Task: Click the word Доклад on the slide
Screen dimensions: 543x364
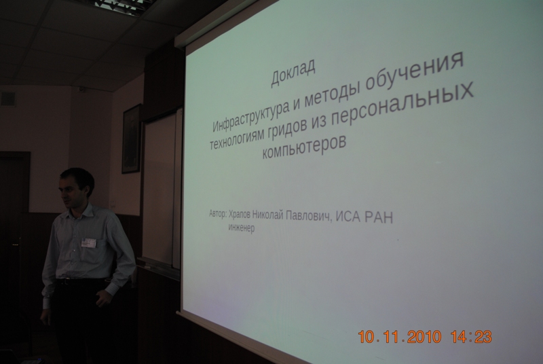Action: [x=293, y=73]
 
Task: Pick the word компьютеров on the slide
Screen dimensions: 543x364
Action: [x=304, y=147]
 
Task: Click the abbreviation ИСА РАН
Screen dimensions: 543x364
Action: [x=365, y=217]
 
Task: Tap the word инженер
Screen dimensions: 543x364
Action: [x=242, y=228]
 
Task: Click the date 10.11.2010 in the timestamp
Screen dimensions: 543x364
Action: [x=400, y=337]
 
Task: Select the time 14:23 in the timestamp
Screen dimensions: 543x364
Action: [x=471, y=336]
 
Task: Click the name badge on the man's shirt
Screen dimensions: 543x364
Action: [x=89, y=242]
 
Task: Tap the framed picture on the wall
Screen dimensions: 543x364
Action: [x=131, y=139]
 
